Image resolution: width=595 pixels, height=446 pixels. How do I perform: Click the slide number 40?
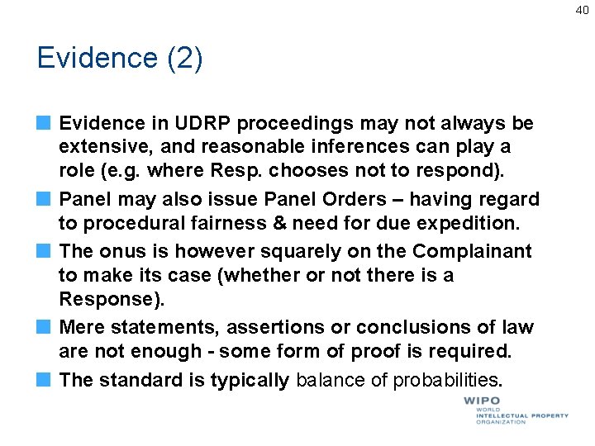coord(582,9)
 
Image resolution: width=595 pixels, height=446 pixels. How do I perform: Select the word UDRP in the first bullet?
coord(193,124)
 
